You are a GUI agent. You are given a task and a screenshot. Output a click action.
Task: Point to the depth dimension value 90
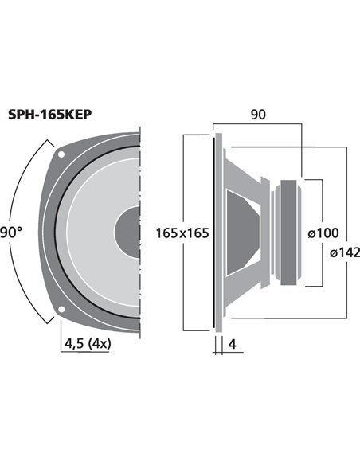tap(257, 115)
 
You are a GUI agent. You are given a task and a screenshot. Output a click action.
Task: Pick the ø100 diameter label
tap(323, 233)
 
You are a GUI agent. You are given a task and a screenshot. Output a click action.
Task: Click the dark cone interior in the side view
tap(244, 232)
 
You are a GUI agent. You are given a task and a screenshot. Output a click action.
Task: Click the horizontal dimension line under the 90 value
tap(257, 126)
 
